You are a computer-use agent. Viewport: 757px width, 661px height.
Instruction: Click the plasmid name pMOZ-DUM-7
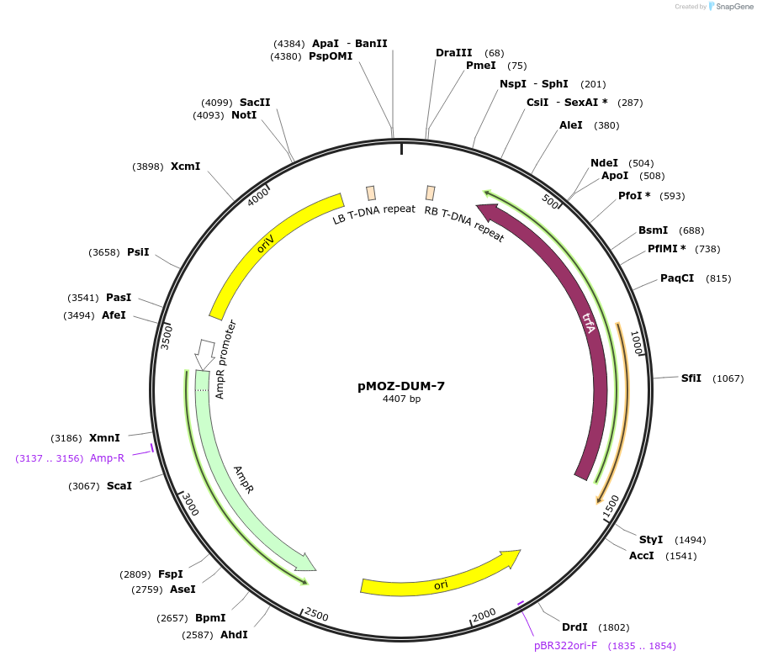pos(400,386)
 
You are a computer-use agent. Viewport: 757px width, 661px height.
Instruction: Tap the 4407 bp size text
pos(401,399)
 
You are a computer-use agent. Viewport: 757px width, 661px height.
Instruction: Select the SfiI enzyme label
pos(691,378)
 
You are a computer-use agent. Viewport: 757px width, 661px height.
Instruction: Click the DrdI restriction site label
pos(574,627)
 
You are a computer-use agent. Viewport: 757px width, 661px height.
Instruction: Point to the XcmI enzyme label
pos(185,167)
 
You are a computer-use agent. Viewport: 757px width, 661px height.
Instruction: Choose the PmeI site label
pos(481,66)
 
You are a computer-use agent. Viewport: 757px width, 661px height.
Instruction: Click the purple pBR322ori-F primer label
pos(565,646)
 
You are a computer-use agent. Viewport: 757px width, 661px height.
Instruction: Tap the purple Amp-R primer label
pos(107,457)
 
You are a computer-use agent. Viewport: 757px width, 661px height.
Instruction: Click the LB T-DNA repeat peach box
pos(371,193)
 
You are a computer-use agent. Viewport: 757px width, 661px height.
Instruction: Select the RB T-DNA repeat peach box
pos(430,193)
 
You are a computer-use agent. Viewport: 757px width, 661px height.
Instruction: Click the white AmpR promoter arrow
pos(204,354)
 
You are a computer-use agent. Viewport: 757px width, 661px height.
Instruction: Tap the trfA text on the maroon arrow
pos(588,323)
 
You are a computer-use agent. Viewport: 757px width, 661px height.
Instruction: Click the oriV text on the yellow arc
pos(266,243)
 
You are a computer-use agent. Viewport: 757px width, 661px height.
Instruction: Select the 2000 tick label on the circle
pos(484,615)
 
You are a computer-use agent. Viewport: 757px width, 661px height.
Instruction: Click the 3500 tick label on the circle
pos(166,337)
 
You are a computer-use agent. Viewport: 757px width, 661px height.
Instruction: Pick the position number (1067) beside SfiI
pos(728,378)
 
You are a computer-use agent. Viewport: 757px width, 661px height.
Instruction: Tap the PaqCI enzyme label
pos(677,278)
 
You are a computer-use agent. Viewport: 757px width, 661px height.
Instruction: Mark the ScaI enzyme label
pos(119,486)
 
